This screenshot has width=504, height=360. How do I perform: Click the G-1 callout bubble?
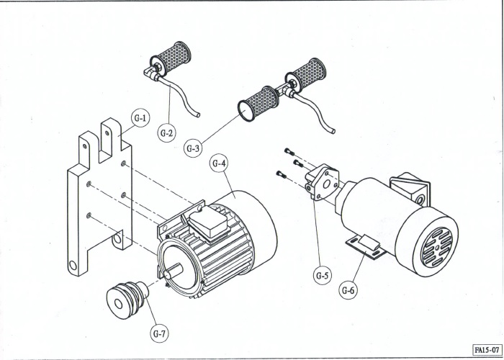point(140,118)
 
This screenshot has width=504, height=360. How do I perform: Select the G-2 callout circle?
point(167,132)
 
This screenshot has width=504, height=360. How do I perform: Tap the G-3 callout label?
point(193,148)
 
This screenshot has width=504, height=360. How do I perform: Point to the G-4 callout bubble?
point(219,163)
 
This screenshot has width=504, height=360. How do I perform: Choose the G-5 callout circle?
point(323,275)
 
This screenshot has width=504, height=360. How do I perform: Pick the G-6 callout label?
point(348,290)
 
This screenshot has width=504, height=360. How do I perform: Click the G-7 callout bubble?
point(159,333)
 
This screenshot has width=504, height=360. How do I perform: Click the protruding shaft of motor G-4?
point(174,271)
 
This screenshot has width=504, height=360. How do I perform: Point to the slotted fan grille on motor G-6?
point(437,248)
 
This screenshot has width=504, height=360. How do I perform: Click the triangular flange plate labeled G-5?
point(323,182)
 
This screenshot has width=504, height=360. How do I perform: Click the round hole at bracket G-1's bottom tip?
point(73,265)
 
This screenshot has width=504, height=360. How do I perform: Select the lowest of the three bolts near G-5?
point(282,174)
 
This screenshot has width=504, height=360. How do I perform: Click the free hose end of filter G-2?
point(198,114)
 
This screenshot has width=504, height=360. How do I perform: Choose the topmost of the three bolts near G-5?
point(289,151)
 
